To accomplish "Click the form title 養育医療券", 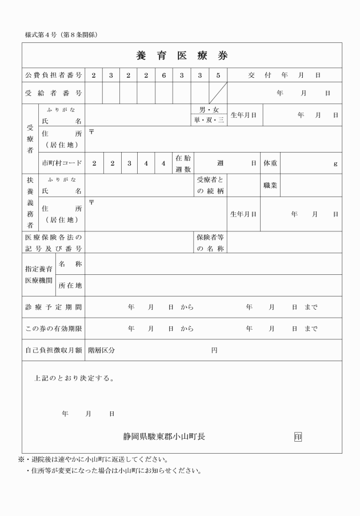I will click(182, 55).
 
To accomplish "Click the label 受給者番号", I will click(54, 93).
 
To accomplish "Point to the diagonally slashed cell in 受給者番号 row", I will click(218, 93).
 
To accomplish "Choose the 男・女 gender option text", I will click(209, 110).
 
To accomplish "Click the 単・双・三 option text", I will click(209, 121).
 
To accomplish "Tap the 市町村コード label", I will click(62, 163).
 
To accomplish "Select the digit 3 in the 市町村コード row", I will click(129, 163).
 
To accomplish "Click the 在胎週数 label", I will click(183, 163).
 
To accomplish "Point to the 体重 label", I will click(270, 163).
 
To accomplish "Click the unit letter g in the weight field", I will click(335, 164).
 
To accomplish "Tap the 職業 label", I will click(270, 185).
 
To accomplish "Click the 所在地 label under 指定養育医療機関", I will click(70, 285).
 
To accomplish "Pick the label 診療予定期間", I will click(54, 307).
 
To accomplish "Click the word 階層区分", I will click(101, 350).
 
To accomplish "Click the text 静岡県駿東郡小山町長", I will click(164, 437).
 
